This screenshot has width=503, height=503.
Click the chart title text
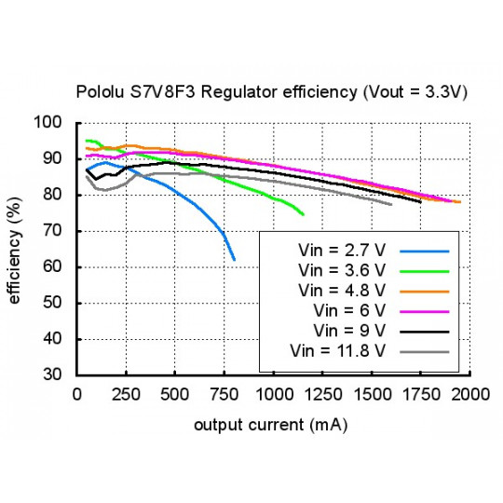pyautogui.click(x=271, y=93)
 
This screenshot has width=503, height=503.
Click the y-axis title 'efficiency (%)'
pyautogui.click(x=17, y=248)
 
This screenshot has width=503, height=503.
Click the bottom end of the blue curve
pyautogui.click(x=234, y=259)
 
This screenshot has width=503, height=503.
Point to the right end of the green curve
pyautogui.click(x=304, y=214)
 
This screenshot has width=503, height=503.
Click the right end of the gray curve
pyautogui.click(x=391, y=204)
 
